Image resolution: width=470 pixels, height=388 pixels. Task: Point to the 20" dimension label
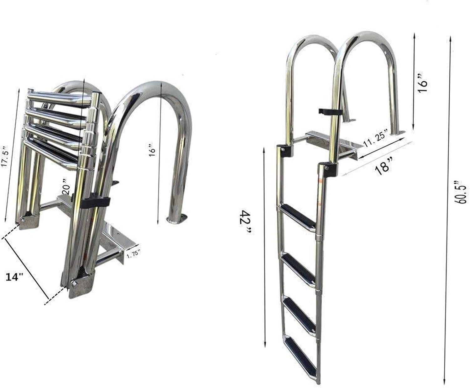[x=65, y=186]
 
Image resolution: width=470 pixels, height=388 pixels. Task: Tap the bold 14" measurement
[x=15, y=277]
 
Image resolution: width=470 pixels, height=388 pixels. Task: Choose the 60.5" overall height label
[x=462, y=192]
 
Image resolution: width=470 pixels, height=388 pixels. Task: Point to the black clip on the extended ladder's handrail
[x=329, y=111]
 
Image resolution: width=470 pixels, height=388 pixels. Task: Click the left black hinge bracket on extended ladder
[x=284, y=151]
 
